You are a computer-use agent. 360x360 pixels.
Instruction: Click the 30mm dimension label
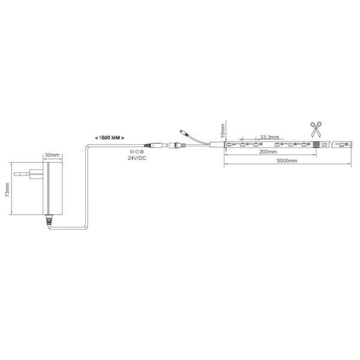pos(52,155)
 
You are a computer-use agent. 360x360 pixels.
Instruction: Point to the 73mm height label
pos(7,190)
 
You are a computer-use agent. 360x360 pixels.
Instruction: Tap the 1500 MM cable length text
pos(110,138)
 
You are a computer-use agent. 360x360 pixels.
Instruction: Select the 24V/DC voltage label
pos(137,158)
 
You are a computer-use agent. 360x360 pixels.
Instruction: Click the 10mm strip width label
pos(223,131)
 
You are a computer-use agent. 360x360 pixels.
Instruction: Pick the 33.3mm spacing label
pos(269,137)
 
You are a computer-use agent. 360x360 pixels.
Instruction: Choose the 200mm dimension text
pos(268,152)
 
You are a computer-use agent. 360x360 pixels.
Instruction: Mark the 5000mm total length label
pos(287,161)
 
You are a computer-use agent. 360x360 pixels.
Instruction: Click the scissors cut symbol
pos(316,130)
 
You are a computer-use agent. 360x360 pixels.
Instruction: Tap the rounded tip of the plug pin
pos(15,174)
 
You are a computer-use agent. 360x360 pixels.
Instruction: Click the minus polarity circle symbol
pos(132,152)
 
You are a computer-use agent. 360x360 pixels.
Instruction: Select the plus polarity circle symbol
pos(142,152)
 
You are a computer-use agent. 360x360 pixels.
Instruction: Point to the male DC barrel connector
pos(156,145)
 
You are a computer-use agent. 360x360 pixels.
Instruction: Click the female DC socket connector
pos(178,145)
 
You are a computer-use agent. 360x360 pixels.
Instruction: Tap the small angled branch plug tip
pos(181,131)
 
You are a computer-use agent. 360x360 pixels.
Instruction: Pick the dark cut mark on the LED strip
pos(316,145)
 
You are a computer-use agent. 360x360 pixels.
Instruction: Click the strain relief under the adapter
pos(49,220)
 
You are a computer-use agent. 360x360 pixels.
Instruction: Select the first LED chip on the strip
pos(229,145)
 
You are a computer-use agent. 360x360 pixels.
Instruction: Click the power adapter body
pos(53,188)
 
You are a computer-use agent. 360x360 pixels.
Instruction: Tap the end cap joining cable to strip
pos(217,145)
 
